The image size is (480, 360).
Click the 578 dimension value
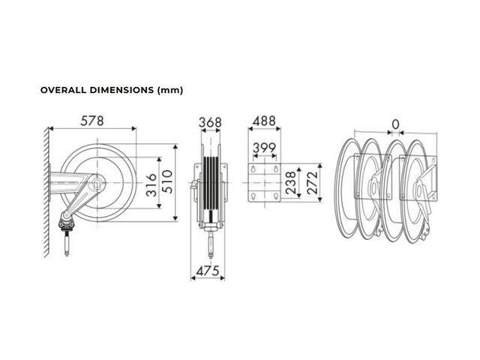pos(92,121)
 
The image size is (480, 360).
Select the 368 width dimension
pos(210,122)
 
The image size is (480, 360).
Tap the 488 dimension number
pos(264,121)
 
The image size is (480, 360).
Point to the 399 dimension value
pos(265,148)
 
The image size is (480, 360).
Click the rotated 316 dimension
pos(151,185)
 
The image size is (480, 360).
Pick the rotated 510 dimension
pos(167,181)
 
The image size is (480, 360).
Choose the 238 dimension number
pos(290,183)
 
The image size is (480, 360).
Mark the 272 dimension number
pos(312,183)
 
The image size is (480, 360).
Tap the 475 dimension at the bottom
pos(208,271)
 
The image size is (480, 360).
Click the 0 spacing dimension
pos(395,124)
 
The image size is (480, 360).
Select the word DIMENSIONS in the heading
pos(121,90)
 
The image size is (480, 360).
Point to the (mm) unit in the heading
pos(170,91)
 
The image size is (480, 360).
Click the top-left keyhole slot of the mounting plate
pos(253,169)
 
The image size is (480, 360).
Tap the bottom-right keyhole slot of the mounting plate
pos(276,196)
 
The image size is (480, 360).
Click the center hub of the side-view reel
pos(97,183)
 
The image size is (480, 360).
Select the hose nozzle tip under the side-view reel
pos(67,253)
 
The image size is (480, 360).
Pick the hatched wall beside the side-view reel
pos(46,192)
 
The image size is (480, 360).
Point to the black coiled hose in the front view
pos(211,184)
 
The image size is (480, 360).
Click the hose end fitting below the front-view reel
pos(211,245)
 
